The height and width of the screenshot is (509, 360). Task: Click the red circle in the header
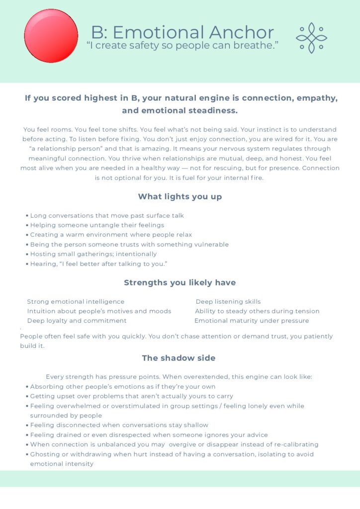pos(51,36)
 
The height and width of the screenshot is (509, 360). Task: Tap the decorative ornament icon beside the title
pos(312,38)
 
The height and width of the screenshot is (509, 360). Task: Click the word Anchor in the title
pos(241,33)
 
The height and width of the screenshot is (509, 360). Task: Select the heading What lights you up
pos(180,196)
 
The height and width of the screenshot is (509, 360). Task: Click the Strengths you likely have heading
pos(180,282)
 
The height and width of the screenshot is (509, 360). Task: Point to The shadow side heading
pos(179,358)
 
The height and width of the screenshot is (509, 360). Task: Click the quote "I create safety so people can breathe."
pos(182,46)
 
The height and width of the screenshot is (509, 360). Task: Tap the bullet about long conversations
pos(107,216)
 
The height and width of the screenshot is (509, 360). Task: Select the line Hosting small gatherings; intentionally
pos(93,254)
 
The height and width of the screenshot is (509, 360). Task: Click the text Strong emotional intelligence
pos(76,302)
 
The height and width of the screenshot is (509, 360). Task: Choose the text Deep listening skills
pos(228,302)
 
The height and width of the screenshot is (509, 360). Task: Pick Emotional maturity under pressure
pos(252,321)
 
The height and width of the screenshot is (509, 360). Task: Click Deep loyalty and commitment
pos(77,321)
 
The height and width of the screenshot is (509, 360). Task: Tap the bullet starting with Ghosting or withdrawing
pos(172,454)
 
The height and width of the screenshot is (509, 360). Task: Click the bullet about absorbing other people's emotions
pos(122,386)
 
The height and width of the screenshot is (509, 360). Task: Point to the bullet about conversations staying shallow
pos(119,425)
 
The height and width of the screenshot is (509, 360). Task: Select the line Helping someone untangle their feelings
pos(97,225)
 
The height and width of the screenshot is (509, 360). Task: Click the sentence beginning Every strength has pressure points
pos(179,377)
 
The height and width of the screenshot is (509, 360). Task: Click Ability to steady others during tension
pos(257,311)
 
